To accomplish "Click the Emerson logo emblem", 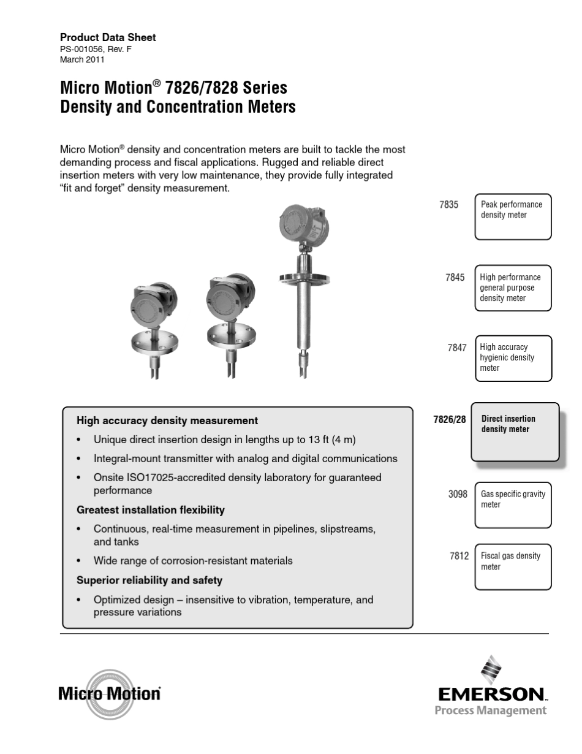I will pos(491,671).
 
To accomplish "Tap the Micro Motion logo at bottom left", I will pos(110,694).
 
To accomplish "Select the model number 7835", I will pos(448,205).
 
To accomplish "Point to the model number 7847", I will pos(457,348).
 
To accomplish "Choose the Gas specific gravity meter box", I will pos(513,505).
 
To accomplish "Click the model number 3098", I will pos(458,494).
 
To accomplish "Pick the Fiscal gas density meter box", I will pos(513,566).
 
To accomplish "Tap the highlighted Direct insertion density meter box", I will pos(515,432).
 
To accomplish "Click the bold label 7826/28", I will pos(449,419).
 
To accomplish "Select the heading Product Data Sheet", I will pos(108,37).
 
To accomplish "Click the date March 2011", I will pos(82,60).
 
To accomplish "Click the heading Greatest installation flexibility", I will pos(151,510).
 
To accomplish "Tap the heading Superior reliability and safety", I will pos(149,580).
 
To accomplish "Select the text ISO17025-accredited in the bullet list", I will pos(173,478).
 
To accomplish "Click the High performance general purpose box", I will pos(513,288).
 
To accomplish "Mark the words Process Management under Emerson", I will pos(490,711).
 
